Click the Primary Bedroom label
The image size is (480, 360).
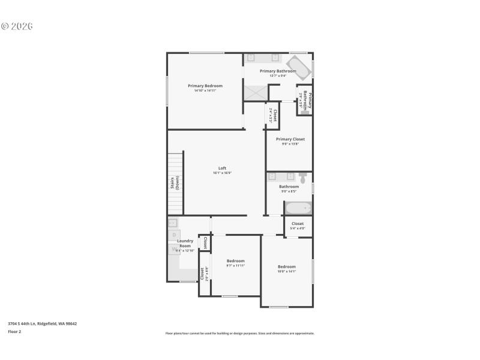pos(205,86)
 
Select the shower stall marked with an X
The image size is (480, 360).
pos(255,93)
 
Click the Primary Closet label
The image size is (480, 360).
pos(290,139)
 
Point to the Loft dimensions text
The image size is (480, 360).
pos(222,173)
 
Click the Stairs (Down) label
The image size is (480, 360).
pos(175,183)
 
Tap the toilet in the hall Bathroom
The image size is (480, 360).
pos(303,178)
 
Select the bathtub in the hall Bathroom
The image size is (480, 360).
pos(298,209)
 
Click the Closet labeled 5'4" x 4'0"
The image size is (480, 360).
pos(298,226)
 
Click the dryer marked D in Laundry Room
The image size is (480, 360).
pos(174,234)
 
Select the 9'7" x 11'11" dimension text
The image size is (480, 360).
pos(236,265)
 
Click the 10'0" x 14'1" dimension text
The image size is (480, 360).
pos(286,271)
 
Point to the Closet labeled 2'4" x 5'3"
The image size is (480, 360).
pos(273,115)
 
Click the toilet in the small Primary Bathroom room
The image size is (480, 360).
pos(305,111)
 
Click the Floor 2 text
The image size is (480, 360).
pos(14,331)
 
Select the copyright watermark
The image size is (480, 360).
pos(17,26)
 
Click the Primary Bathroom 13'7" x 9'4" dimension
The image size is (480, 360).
pos(277,76)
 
